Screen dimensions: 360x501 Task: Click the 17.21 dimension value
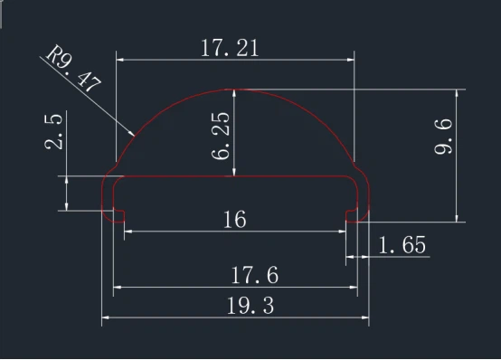point(230,48)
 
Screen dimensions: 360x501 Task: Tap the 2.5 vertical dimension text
point(55,131)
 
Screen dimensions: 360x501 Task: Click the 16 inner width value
point(233,219)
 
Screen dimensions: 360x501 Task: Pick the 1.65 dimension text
point(401,245)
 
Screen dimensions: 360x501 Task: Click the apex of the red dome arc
point(235,90)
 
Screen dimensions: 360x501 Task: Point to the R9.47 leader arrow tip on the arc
point(135,135)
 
